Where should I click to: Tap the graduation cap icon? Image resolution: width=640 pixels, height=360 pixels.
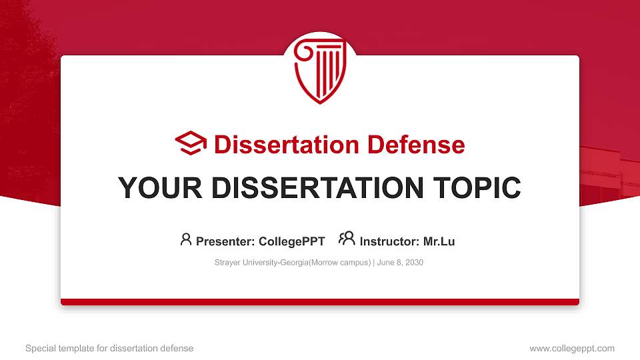pos(191,144)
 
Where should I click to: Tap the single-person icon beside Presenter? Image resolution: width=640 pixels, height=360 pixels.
pos(186,239)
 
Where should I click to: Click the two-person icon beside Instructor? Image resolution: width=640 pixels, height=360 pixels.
pos(347,239)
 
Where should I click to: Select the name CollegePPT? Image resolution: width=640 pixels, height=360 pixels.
pos(291,241)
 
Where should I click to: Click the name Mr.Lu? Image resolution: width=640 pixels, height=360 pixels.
pos(439,241)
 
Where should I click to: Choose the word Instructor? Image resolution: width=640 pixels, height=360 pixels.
pos(389,241)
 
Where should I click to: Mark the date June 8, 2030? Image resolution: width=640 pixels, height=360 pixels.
pos(400,263)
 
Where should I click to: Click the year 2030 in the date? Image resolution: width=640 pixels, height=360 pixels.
pos(414,263)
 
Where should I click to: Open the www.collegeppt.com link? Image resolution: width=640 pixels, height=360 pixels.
pos(572,348)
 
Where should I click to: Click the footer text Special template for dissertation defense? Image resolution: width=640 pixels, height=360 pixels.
pos(109,348)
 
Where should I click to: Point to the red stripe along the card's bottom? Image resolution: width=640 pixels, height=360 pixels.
pos(320,302)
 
